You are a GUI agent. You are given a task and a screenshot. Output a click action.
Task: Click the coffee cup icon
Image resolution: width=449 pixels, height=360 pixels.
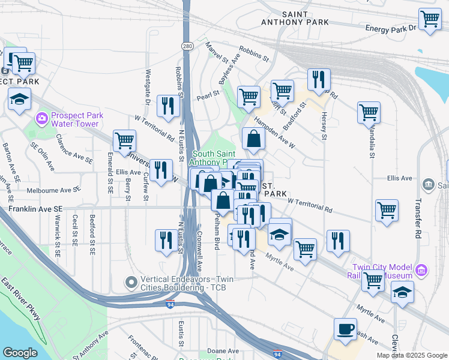pos(345,329)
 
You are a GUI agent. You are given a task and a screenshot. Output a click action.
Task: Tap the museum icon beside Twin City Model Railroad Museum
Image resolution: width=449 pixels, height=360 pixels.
pos(421,271)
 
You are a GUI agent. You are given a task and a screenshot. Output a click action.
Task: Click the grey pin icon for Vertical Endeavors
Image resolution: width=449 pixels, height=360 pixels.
pos(131,281)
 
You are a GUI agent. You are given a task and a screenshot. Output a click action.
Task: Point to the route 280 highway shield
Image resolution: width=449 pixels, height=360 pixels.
pos(187,46)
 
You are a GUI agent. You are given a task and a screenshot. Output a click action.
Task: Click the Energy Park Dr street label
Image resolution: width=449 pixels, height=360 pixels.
pos(391,28)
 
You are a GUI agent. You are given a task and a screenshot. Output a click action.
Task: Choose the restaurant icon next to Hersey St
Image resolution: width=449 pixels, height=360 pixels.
pos(318,79)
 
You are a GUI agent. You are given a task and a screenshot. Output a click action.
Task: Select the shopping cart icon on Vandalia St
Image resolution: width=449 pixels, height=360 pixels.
pos(369,112)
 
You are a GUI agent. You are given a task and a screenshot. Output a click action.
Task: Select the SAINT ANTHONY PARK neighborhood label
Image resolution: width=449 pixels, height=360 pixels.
pos(295,18)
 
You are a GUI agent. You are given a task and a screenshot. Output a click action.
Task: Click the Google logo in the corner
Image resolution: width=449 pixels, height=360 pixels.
pos(20,353)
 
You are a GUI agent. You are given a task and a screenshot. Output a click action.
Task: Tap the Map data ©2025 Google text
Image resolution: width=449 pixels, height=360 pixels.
pos(412,355)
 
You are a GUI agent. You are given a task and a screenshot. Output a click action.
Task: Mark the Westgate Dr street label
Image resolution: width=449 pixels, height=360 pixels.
pos(147,86)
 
